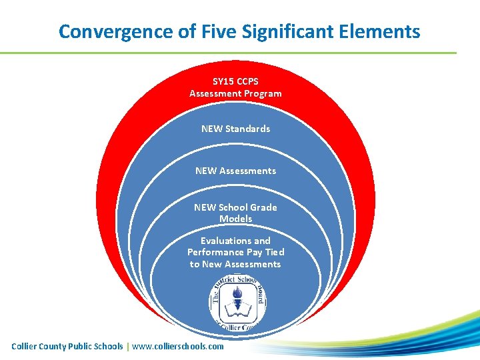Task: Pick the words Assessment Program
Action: click(x=235, y=93)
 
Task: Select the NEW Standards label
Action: click(x=235, y=129)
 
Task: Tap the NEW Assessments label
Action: click(x=235, y=171)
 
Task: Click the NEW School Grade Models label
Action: click(x=235, y=213)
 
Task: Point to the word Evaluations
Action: click(x=235, y=241)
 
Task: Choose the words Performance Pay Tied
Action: click(x=235, y=252)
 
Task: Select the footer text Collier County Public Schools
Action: click(x=67, y=346)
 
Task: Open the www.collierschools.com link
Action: click(x=178, y=346)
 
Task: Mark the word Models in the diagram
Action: click(x=235, y=219)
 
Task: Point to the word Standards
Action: click(x=247, y=129)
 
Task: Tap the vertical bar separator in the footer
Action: click(x=128, y=346)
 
